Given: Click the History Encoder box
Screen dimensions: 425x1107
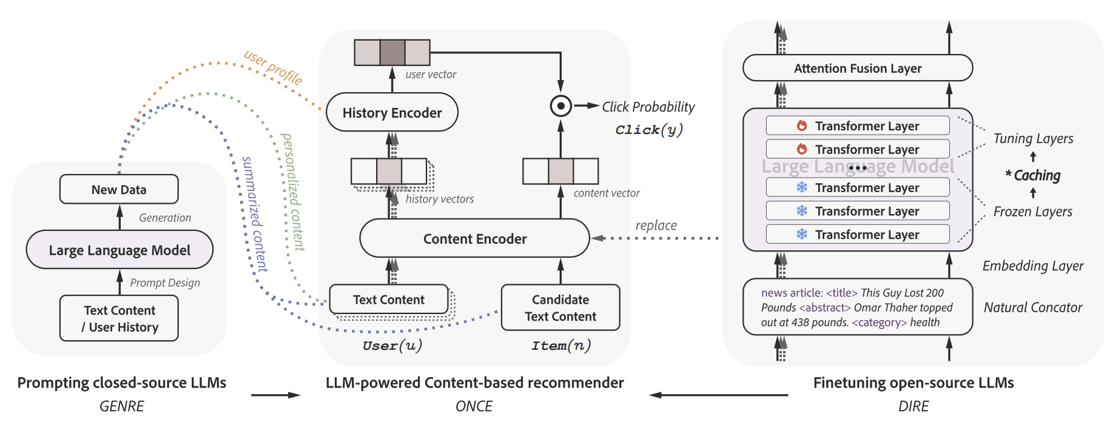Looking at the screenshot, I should click(x=392, y=112).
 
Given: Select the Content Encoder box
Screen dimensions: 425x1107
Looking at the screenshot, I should click(x=474, y=239).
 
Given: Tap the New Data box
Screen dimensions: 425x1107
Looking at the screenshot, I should click(x=119, y=190).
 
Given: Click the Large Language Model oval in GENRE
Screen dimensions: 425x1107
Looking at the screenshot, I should click(x=119, y=250).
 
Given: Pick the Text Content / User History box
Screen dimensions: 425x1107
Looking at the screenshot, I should click(x=119, y=318).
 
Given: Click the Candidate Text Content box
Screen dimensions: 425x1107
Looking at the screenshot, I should click(x=560, y=307).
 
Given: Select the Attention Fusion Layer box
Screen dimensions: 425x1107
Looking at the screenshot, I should click(x=857, y=68).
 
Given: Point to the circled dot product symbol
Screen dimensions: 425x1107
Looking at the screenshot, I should click(x=560, y=106).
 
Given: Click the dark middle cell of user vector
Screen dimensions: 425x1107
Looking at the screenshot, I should click(x=392, y=52).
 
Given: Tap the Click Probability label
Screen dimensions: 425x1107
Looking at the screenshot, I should click(x=648, y=107).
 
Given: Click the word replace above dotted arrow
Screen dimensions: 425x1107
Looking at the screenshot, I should click(x=656, y=225).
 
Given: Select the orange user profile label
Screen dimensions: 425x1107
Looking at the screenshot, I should click(x=273, y=67).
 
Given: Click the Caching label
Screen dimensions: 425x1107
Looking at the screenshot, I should click(x=1037, y=175).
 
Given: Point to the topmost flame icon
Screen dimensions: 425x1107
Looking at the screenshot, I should click(x=802, y=125).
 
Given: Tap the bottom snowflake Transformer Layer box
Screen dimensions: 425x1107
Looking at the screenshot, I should click(x=857, y=234).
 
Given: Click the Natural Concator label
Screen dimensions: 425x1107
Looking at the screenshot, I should click(x=1032, y=307).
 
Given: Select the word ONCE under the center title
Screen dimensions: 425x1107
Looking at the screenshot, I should click(x=474, y=406).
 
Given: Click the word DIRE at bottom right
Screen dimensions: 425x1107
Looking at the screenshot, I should click(x=913, y=406).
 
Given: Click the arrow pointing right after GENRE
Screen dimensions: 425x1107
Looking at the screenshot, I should click(x=275, y=395).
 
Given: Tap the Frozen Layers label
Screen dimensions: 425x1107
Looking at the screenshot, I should click(x=1032, y=212).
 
